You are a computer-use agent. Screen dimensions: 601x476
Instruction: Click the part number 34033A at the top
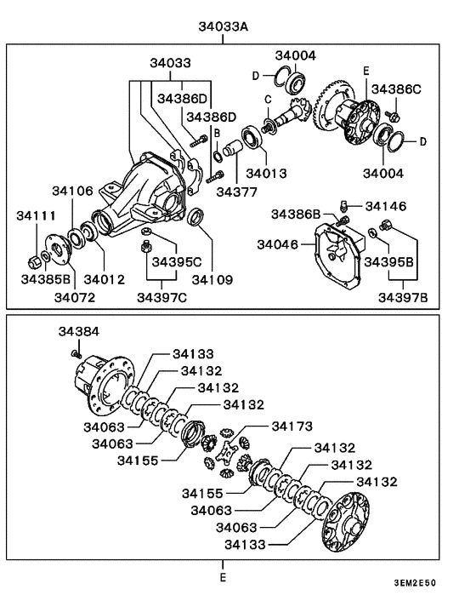click(224, 27)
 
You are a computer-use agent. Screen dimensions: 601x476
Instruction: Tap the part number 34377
click(235, 192)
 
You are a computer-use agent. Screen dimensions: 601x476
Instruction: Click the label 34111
click(35, 217)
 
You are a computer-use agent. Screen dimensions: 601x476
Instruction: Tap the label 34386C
click(396, 88)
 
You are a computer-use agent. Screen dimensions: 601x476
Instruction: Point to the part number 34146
click(386, 205)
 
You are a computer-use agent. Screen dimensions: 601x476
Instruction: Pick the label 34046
click(280, 244)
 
